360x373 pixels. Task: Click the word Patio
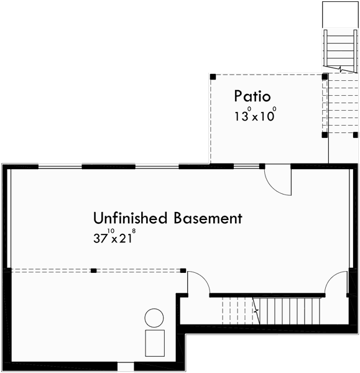tap(252, 96)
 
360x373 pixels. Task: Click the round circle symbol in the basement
tap(154, 318)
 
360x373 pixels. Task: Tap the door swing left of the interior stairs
tap(198, 283)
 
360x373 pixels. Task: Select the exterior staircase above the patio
tap(339, 50)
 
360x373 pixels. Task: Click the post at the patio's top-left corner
tap(213, 76)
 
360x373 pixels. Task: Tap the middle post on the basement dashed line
tap(93, 270)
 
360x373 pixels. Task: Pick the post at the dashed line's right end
tap(183, 270)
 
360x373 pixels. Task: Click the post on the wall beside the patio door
tap(262, 166)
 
